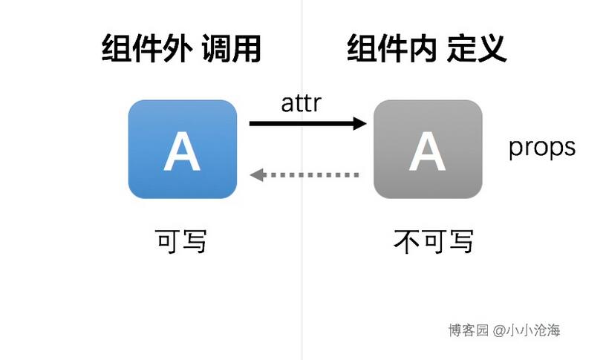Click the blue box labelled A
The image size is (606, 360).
click(x=183, y=149)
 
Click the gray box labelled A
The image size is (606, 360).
click(x=428, y=149)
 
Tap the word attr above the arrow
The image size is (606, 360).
click(x=301, y=103)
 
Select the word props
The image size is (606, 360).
click(x=542, y=148)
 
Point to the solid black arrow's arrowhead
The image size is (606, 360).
click(x=360, y=124)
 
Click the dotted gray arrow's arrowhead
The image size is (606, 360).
click(x=257, y=175)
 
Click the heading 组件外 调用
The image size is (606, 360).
click(x=181, y=49)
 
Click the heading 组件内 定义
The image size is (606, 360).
click(x=427, y=49)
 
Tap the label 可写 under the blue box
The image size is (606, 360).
click(x=181, y=241)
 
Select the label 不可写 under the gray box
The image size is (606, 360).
click(x=433, y=241)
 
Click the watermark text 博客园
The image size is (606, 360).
click(x=469, y=330)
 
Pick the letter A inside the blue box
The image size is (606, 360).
click(x=182, y=151)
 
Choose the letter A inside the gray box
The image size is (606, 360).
click(x=428, y=151)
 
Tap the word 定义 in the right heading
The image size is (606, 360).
click(x=477, y=49)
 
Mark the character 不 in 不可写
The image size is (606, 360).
click(x=406, y=241)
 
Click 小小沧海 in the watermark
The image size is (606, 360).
click(x=533, y=330)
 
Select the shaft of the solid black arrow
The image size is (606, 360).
click(x=302, y=124)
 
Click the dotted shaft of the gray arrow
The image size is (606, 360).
click(x=311, y=175)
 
